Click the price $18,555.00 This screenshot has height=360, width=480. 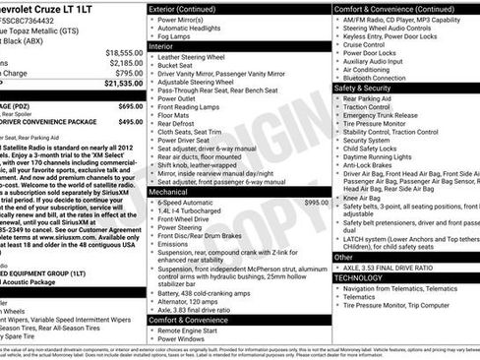(123, 52)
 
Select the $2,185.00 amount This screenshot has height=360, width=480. (125, 62)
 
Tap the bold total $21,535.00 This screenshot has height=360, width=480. (123, 85)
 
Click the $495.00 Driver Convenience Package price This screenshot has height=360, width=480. (131, 122)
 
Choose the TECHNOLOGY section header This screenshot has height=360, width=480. (358, 277)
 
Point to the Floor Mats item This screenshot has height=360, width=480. (173, 116)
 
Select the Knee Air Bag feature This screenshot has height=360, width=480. (363, 199)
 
